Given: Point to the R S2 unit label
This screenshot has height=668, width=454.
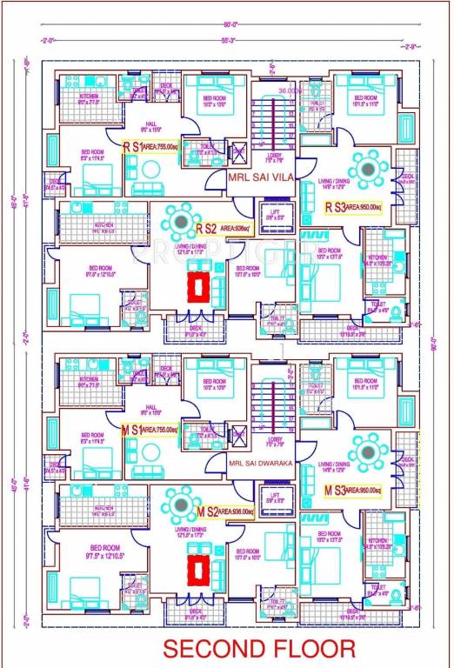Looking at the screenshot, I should (207, 229).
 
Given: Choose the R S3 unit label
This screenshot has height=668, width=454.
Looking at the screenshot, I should (337, 207).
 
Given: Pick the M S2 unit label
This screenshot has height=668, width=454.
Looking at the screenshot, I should (207, 511).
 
